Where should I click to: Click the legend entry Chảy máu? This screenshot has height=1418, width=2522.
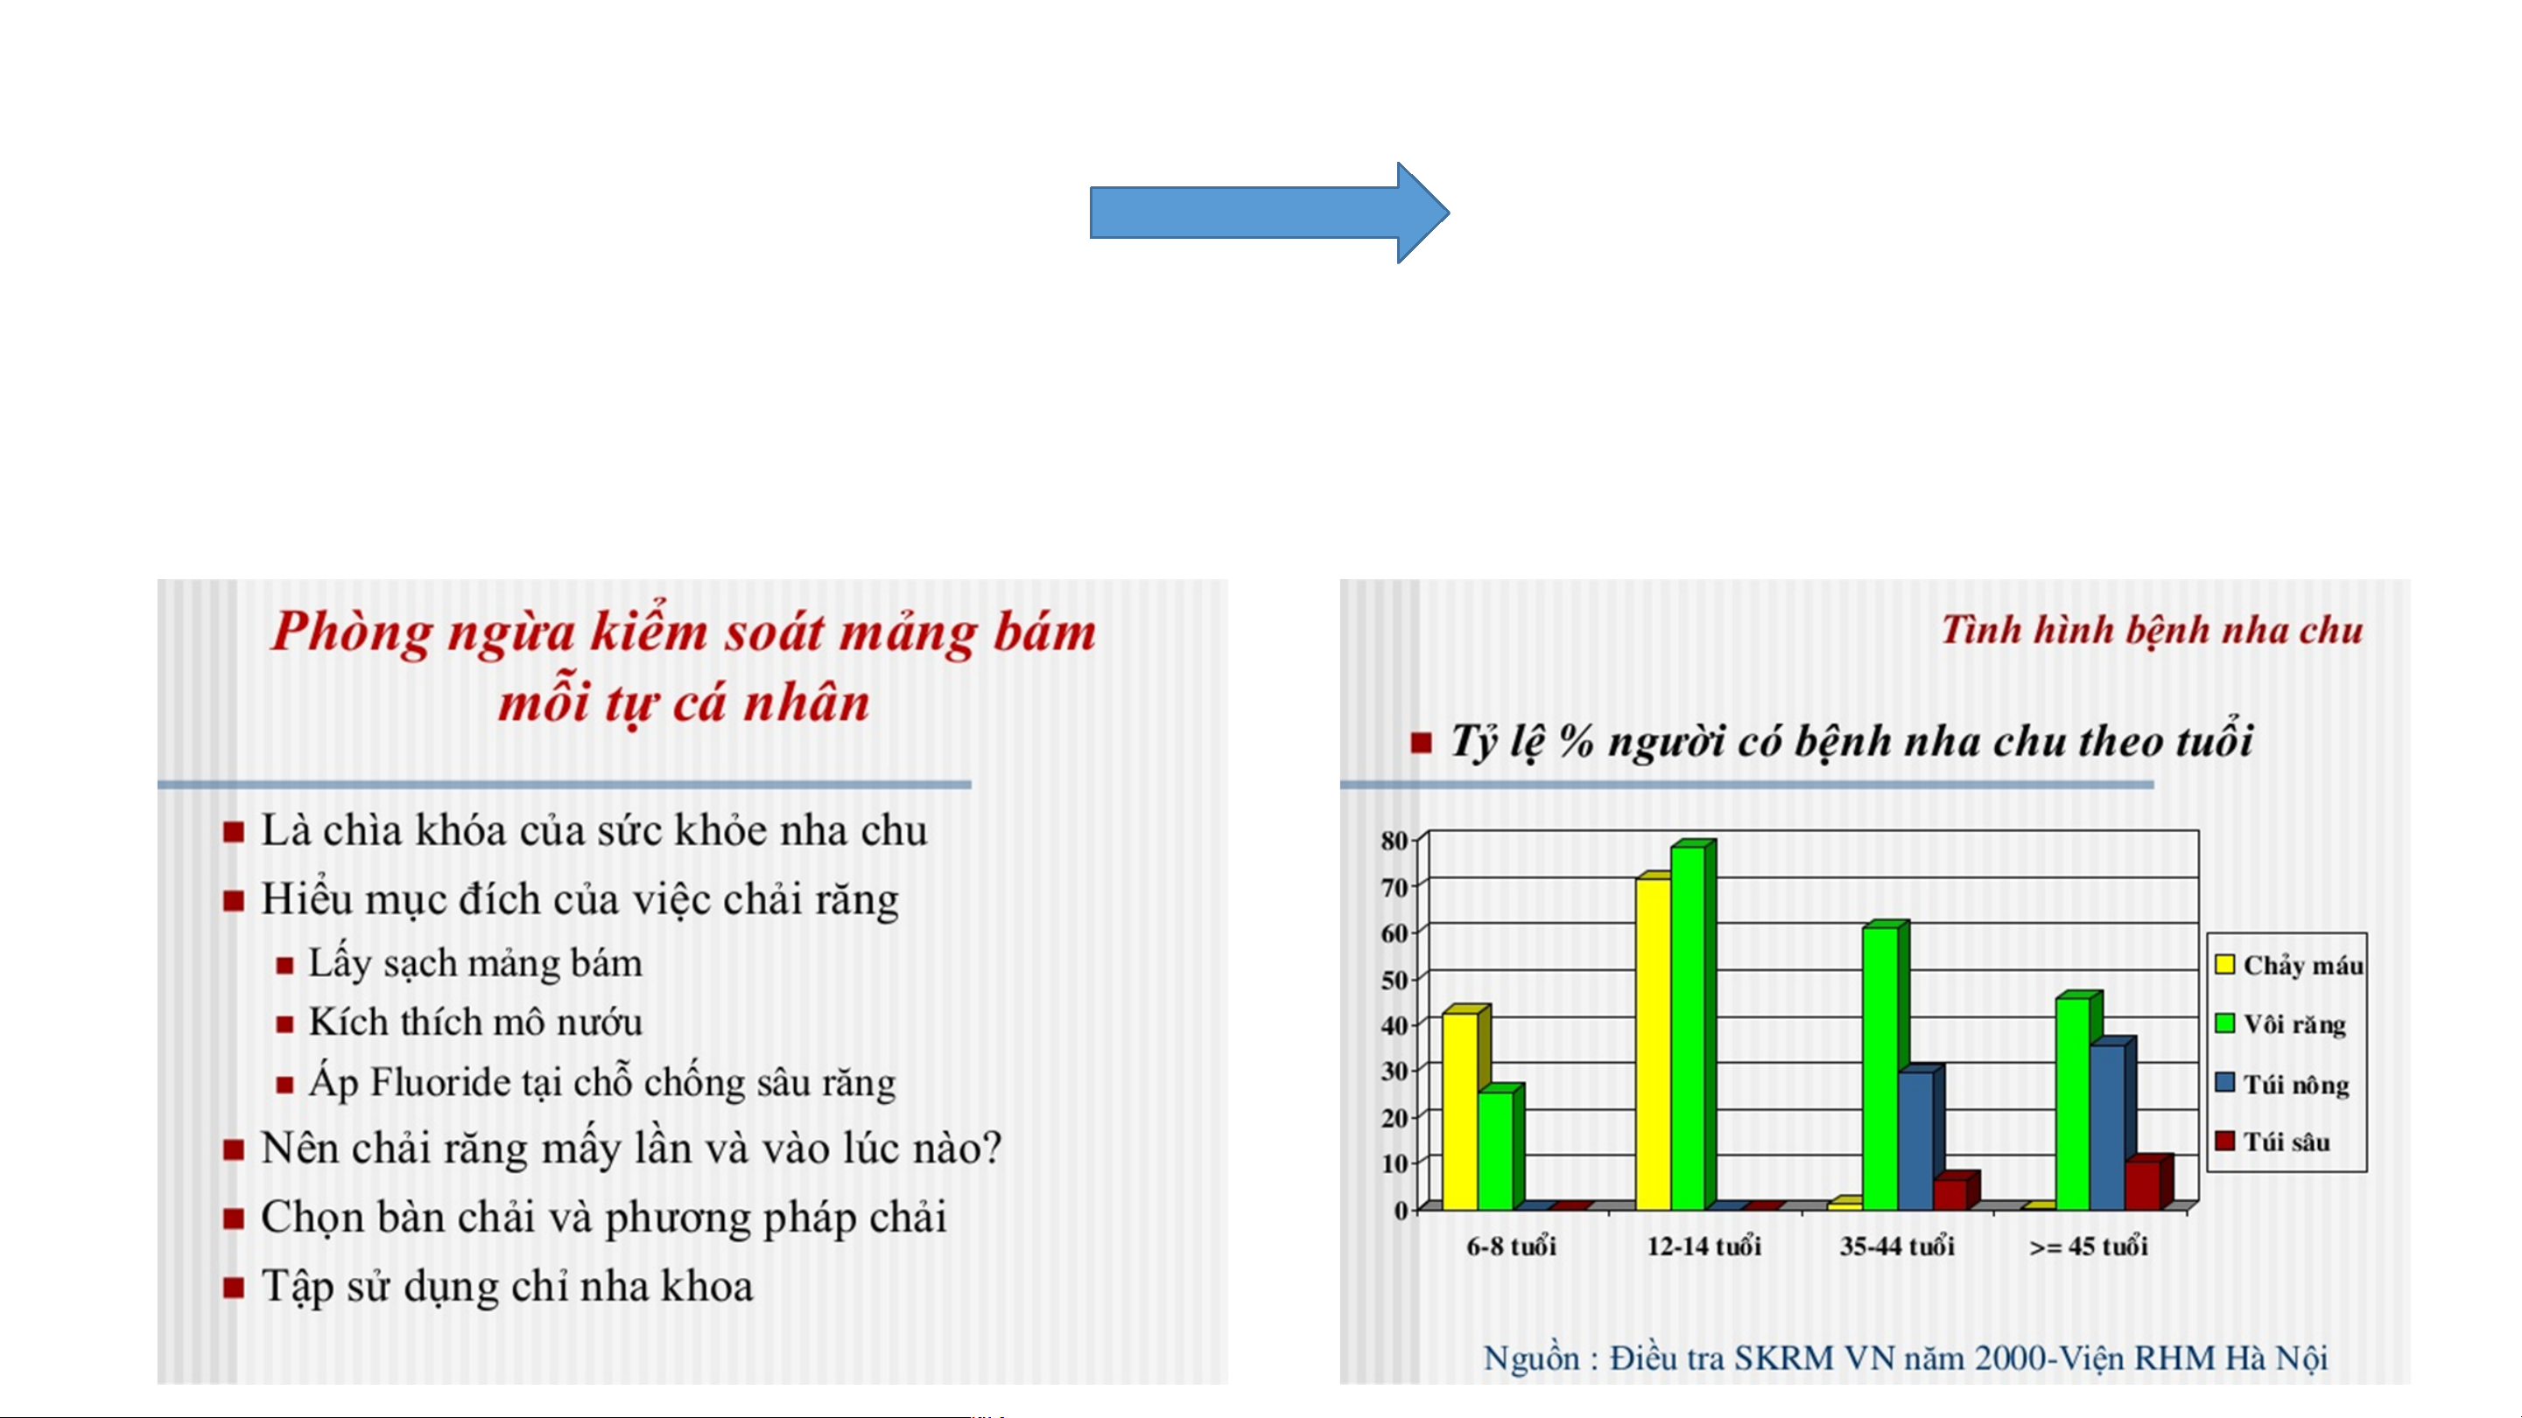(2289, 966)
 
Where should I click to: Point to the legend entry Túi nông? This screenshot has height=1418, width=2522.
(2282, 1085)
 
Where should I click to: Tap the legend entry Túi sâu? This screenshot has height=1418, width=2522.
(2273, 1142)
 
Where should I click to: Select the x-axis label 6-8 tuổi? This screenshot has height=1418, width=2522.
(1511, 1247)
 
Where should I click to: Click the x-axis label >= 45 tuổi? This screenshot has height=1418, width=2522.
(2089, 1247)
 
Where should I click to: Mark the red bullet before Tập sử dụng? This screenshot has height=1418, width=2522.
(233, 1287)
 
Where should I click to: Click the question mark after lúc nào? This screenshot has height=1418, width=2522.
(992, 1147)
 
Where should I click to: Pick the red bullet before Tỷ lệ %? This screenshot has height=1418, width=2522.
(1421, 744)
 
